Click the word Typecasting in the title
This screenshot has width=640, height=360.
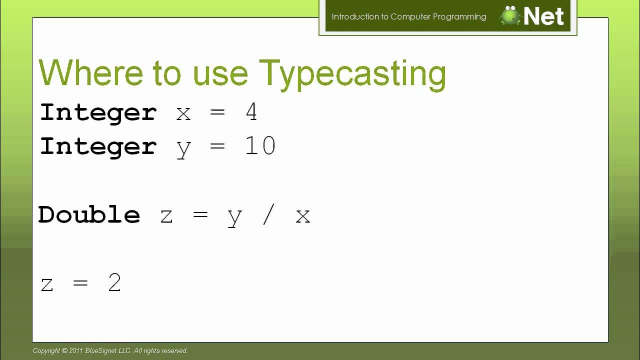(x=352, y=74)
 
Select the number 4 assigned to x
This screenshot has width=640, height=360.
(x=251, y=112)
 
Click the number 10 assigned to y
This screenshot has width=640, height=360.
(x=260, y=146)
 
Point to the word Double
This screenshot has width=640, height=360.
(x=89, y=215)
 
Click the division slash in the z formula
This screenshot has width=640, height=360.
(x=268, y=215)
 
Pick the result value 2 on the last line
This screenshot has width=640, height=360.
(x=114, y=283)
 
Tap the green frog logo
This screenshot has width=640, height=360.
(x=510, y=16)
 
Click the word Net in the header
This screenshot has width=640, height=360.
(x=544, y=16)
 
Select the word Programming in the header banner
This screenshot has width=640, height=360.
(x=459, y=16)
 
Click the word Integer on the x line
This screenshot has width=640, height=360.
(x=98, y=112)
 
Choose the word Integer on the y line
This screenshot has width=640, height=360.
(x=98, y=146)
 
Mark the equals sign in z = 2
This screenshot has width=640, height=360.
(x=80, y=283)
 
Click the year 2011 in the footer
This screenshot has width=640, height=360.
(x=76, y=351)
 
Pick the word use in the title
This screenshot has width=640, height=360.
(x=220, y=74)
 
